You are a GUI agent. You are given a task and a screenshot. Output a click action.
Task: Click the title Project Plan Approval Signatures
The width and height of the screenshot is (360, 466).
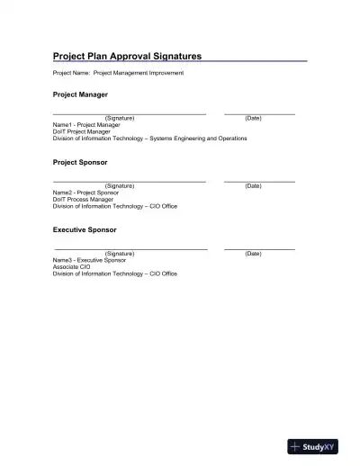click(x=127, y=56)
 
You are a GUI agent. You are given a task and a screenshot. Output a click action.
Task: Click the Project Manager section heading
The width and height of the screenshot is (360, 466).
click(x=80, y=94)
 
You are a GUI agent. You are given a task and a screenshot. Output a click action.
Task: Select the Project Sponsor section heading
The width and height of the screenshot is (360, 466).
click(x=80, y=162)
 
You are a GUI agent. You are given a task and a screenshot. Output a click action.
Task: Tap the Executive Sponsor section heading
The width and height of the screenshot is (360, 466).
click(x=85, y=229)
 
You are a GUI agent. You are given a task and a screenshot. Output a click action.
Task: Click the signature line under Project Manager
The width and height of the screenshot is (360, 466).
click(x=130, y=114)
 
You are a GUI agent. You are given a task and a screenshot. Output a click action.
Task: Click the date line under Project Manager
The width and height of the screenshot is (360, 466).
click(x=259, y=114)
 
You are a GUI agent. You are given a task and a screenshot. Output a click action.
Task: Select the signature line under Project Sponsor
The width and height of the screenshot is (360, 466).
click(x=130, y=182)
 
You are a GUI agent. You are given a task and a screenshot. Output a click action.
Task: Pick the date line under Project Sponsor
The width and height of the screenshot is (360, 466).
click(x=259, y=182)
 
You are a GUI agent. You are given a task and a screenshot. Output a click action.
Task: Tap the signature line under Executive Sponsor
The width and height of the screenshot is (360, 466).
click(x=130, y=249)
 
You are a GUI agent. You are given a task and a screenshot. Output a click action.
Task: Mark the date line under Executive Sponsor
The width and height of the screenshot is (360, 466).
click(x=259, y=249)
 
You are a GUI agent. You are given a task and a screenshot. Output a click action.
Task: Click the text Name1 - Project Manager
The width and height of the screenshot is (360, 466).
click(x=86, y=125)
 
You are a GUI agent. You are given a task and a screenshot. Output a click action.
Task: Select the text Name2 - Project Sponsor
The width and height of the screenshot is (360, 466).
click(x=86, y=193)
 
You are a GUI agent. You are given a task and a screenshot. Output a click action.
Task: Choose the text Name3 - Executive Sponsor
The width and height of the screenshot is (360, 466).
click(x=90, y=260)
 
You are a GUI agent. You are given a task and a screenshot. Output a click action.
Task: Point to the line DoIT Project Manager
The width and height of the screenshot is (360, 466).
click(x=82, y=132)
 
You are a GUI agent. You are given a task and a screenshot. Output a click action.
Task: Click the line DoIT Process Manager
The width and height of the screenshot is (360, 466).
click(x=83, y=200)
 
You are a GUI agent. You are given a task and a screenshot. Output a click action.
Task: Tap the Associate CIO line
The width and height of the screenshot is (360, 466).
click(x=72, y=267)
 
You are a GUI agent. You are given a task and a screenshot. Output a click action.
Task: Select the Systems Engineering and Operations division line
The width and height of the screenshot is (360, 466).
click(x=149, y=139)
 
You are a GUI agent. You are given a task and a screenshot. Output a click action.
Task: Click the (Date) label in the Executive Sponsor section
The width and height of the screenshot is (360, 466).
click(x=253, y=254)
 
